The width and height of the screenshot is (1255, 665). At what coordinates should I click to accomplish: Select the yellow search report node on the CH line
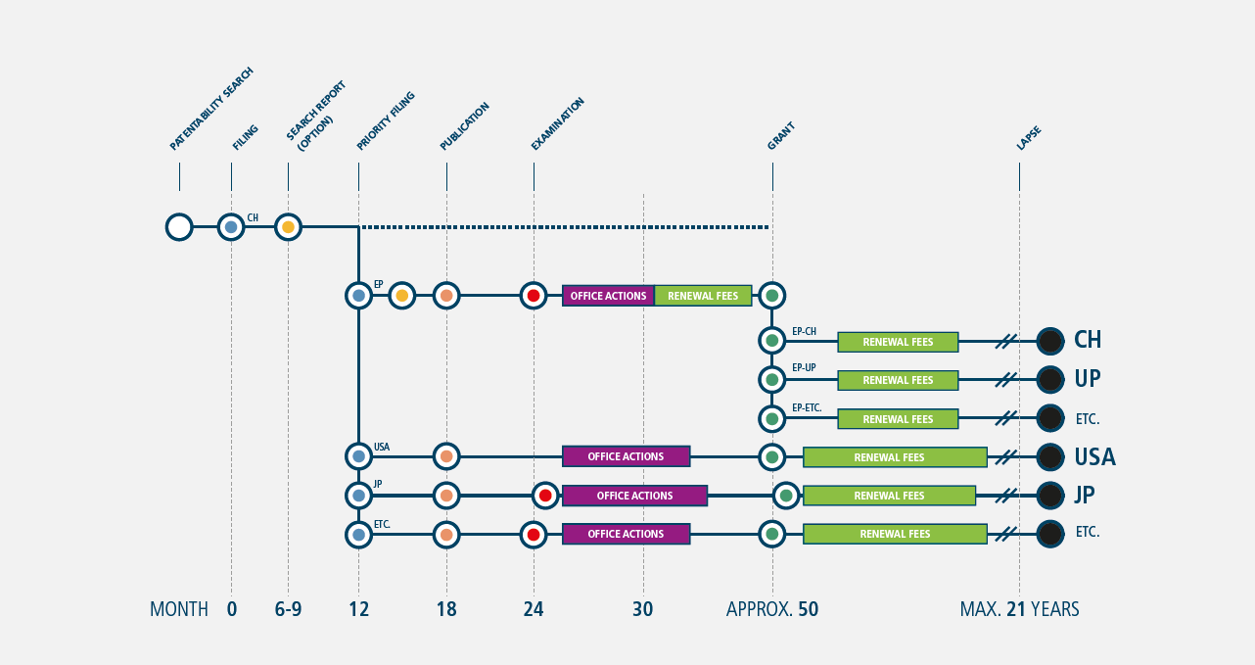pos(288,227)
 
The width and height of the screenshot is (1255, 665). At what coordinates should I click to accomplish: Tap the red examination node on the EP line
pos(534,296)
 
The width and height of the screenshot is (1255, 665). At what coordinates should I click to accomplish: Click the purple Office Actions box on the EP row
pos(609,296)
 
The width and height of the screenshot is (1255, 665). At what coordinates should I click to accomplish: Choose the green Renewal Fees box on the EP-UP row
pos(898,380)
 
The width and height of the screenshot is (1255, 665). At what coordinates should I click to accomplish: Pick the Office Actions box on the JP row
pos(634,496)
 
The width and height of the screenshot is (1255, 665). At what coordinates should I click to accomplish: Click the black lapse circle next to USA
pos(1050,457)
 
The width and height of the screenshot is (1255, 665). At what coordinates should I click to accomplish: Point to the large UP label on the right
pos(1088,379)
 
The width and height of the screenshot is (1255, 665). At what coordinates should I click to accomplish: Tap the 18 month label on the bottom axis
pos(446,609)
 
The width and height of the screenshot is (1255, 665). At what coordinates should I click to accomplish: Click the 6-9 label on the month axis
pos(288,609)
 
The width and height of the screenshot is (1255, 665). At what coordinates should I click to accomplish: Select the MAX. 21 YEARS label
pos(1020,609)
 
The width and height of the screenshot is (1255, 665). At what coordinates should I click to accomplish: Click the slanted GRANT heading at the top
pos(781,136)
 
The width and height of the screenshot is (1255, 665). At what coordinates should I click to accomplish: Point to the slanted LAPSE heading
pos(1029,138)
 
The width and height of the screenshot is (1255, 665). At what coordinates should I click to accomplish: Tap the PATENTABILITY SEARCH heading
pos(211,109)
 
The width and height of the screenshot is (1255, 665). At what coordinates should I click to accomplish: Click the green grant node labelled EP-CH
pos(772,341)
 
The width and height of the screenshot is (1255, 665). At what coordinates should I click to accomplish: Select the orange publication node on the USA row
pos(446,456)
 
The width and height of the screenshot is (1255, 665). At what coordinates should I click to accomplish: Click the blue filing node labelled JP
pos(358,496)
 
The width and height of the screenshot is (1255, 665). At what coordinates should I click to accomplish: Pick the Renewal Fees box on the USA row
pos(895,457)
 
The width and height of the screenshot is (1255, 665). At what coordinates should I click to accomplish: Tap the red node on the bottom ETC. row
pos(534,535)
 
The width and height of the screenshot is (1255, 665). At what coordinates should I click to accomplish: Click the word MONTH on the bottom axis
pos(179,609)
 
